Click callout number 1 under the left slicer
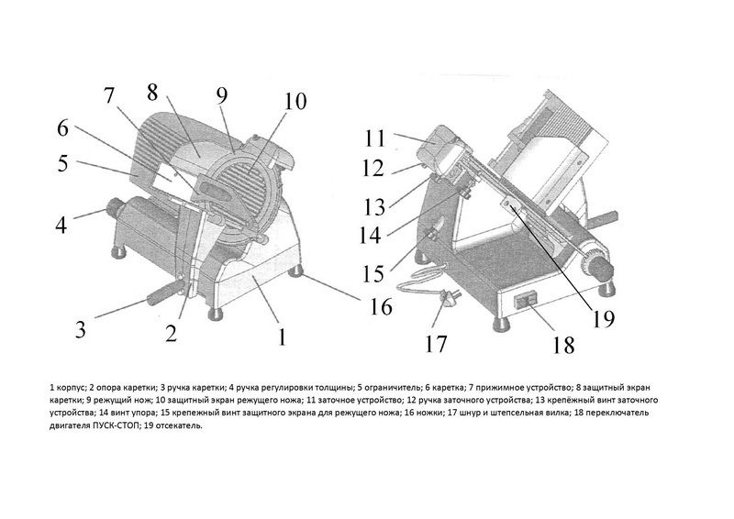tap(282, 336)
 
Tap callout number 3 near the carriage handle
tap(81, 329)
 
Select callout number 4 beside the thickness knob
tap(61, 225)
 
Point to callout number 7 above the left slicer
tap(108, 95)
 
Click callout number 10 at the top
tap(295, 101)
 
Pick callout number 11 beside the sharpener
tap(374, 138)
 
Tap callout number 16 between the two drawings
tap(381, 307)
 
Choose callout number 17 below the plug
tap(436, 344)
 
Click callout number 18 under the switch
tap(562, 346)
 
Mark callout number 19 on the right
tap(603, 319)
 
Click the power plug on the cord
tap(450, 300)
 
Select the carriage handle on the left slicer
tap(167, 292)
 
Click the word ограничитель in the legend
tap(388, 388)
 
